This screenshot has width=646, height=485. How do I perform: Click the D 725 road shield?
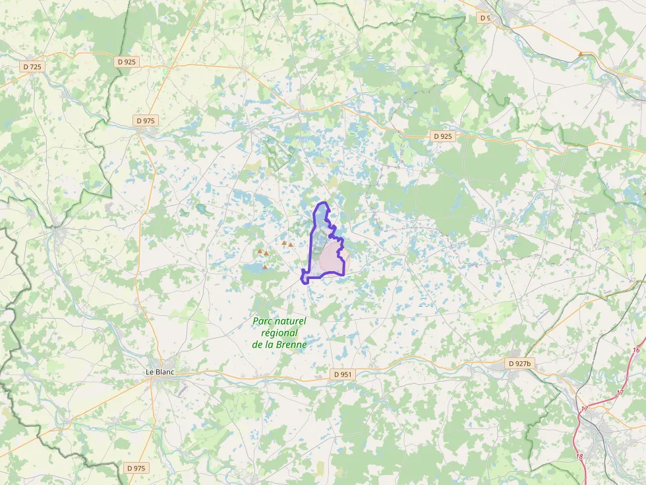[x=32, y=66]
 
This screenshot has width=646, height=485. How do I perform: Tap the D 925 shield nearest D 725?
[x=127, y=62]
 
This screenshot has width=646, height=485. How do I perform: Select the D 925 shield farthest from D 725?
[x=444, y=136]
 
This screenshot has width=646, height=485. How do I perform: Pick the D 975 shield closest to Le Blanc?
[x=136, y=468]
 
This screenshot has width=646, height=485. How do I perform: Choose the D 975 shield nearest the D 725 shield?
[x=145, y=120]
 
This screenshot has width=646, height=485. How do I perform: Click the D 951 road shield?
[x=343, y=374]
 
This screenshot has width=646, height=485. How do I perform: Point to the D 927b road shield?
[x=519, y=363]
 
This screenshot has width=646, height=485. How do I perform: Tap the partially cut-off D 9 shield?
[x=484, y=18]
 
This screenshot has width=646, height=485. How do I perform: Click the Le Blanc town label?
[x=160, y=372]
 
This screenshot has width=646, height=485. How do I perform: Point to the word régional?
[x=279, y=333]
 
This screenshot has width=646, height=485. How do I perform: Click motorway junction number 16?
[x=635, y=350]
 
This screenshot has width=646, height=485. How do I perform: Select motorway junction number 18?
[x=579, y=457]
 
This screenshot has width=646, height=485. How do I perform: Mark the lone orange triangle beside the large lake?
[x=265, y=267]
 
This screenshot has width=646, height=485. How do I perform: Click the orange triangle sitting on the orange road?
[x=580, y=54]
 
